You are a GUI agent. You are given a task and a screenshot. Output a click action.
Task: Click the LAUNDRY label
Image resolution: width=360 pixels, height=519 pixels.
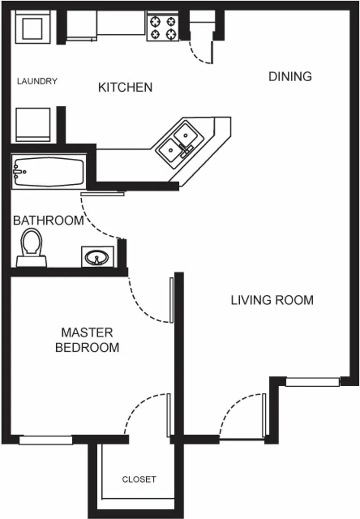[37, 81]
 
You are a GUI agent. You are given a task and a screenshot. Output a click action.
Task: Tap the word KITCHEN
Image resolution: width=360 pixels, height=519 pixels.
[125, 87]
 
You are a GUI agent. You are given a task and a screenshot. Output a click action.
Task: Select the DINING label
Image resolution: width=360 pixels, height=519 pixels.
[290, 77]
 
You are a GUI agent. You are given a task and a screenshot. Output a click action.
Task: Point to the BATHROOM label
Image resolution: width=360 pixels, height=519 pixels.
[48, 220]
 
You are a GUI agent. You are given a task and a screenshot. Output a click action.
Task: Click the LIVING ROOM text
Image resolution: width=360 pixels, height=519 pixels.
[272, 300]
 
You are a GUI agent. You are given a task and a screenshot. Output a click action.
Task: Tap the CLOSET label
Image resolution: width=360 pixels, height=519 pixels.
[139, 479]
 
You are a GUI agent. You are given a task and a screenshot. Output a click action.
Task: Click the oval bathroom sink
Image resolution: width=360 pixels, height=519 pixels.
[97, 257]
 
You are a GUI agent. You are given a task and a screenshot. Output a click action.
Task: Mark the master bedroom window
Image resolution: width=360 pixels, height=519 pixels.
[45, 440]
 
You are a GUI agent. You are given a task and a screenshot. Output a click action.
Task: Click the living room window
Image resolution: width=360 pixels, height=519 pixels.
[312, 382]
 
